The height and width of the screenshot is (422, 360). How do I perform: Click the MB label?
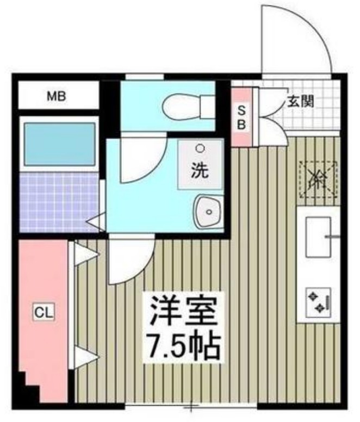[56, 97]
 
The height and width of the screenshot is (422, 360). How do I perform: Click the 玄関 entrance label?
[300, 101]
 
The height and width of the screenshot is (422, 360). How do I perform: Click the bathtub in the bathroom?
[58, 144]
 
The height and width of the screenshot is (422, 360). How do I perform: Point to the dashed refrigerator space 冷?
[318, 178]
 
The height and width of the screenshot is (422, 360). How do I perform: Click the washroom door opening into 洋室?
[128, 259]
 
